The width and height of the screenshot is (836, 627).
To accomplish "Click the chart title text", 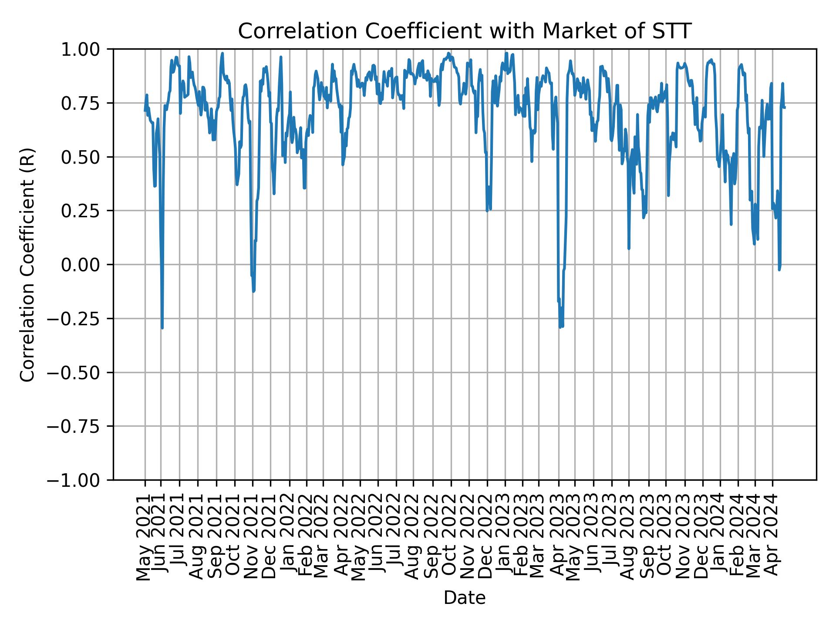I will [465, 31].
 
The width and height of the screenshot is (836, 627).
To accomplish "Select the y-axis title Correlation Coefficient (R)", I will [27, 265].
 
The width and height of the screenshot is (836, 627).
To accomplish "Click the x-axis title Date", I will [465, 598].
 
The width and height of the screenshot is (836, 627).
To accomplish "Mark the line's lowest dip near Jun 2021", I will [162, 327].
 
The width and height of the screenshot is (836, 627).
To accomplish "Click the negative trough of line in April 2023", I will [561, 327].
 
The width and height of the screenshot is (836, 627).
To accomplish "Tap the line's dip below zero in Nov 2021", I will [253, 291].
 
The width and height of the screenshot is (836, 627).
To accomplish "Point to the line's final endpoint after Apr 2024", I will [785, 108].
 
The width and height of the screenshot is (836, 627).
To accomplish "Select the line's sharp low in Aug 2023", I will [629, 248].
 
